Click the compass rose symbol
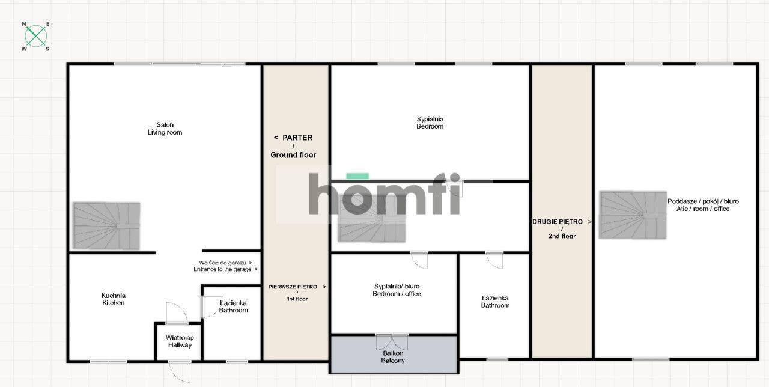point(36,37)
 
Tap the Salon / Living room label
point(165,129)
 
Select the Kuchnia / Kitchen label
point(113,299)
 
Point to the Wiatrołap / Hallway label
point(179,341)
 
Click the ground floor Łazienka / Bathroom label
point(233,306)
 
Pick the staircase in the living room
point(106,226)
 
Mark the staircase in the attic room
point(633,215)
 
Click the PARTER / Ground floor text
point(293,146)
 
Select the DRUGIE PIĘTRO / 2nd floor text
point(561,228)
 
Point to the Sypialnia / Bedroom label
point(430,123)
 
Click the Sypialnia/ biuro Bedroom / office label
point(397,290)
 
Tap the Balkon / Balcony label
point(393,357)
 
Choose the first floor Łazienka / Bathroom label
point(495,302)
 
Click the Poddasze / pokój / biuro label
point(698,204)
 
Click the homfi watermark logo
point(384,194)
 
